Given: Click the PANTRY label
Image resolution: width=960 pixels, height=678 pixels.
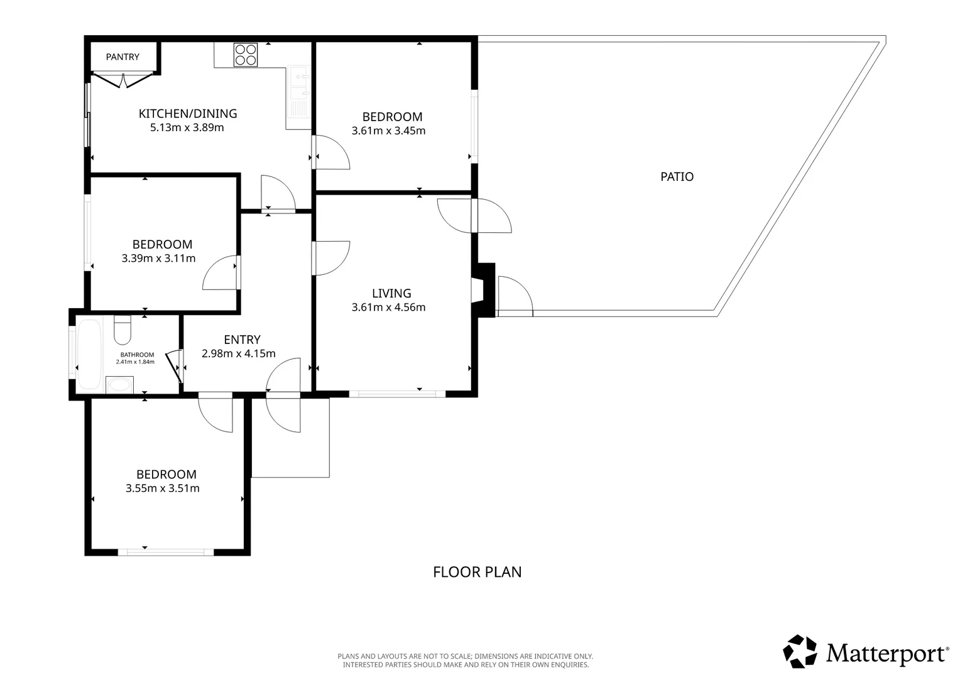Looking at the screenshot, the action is tap(123, 57).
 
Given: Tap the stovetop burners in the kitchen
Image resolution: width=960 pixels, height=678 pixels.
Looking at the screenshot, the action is tap(246, 55).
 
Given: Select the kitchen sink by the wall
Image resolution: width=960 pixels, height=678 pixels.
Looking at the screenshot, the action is tap(298, 92).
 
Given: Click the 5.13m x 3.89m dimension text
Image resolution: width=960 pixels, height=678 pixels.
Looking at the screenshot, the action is tap(187, 127).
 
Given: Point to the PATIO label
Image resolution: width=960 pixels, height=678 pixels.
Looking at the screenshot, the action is tap(677, 176).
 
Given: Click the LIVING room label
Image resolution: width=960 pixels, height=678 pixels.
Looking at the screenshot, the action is tap(391, 293).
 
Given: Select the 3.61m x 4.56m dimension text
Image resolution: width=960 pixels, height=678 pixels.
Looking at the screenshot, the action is tap(388, 307).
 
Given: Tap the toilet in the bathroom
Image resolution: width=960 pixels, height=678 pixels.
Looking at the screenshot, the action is tap(123, 330).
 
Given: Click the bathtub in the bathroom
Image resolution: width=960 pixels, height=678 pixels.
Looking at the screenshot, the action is tap(90, 354).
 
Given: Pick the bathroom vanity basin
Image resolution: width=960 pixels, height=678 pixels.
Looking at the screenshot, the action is tap(119, 385).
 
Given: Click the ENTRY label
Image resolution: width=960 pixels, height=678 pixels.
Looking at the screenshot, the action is tap(242, 340).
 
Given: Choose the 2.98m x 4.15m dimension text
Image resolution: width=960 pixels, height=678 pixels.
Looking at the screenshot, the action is tap(238, 353).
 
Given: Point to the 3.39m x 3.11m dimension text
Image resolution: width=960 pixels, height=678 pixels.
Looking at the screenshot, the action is tap(158, 258).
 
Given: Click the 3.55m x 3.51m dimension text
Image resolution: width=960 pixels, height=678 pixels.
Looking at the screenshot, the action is tap(163, 488).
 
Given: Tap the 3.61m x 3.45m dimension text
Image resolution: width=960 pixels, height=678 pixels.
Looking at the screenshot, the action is tap(388, 131).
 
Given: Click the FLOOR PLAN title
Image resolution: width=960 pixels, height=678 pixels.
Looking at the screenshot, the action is tap(477, 572).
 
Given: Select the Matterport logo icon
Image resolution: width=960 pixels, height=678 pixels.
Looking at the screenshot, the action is tap(800, 652).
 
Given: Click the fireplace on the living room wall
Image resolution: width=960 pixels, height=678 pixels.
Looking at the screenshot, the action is tap(483, 291).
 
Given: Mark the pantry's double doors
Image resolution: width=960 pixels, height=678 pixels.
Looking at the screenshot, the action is tap(123, 80).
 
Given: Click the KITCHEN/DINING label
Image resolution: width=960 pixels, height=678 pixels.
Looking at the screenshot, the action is tap(188, 114).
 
